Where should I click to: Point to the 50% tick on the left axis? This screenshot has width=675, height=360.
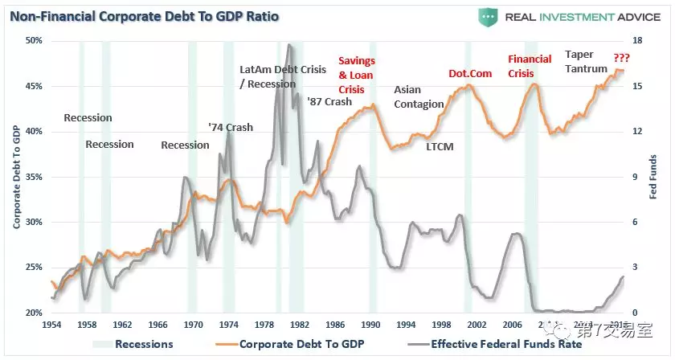pos(33,41)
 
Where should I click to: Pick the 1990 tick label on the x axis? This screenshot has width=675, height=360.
pos(370,325)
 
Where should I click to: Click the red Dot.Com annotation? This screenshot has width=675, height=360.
pos(470,74)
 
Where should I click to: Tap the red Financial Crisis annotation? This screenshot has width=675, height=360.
pos(530,66)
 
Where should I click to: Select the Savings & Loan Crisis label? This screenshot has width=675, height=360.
pos(356,75)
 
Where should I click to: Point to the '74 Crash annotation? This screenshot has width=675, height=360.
pos(230,127)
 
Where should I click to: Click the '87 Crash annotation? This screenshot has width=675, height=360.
pos(329,102)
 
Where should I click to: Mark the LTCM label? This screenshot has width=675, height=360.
pos(440,146)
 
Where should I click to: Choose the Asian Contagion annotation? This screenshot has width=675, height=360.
pos(419,97)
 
